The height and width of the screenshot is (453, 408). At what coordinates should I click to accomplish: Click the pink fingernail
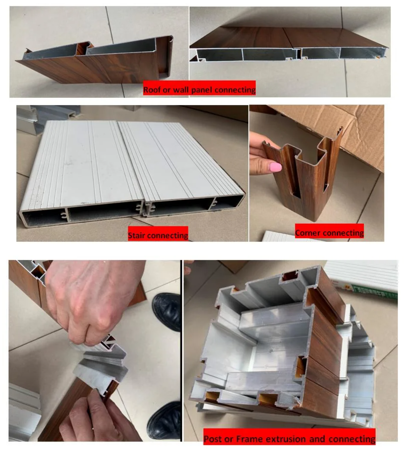click(x=276, y=168)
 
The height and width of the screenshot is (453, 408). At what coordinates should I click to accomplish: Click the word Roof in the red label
click(x=152, y=90)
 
